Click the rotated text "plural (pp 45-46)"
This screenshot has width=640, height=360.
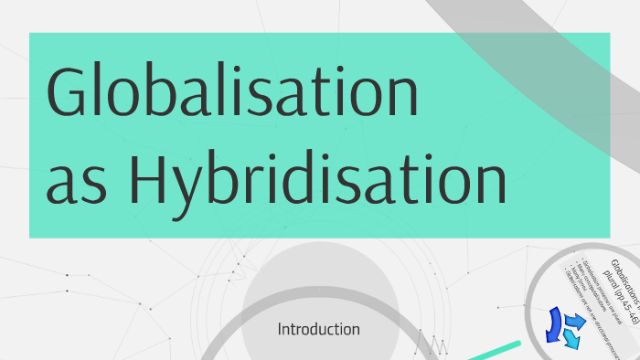[x=613, y=302]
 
